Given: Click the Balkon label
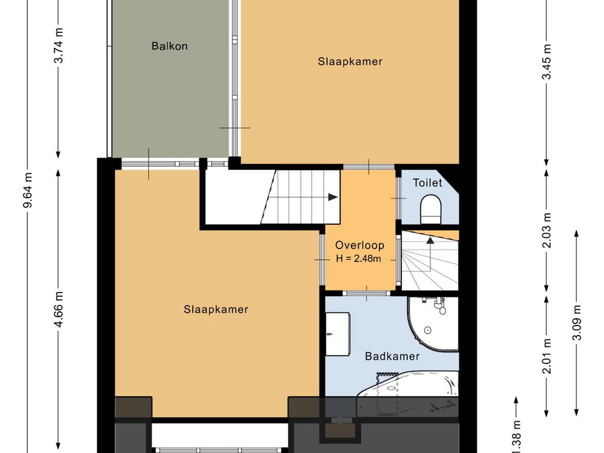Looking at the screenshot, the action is coord(169,46).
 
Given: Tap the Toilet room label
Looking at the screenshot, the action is coord(428,183).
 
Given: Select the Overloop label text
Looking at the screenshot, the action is coord(360,245).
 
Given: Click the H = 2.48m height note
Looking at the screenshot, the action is coord(359,258).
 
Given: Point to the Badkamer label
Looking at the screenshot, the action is coord(392,356).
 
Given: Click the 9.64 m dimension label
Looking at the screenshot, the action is coord(28,190).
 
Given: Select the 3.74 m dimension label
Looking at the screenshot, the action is coord(58,45).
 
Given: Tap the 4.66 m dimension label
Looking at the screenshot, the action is coord(58,309).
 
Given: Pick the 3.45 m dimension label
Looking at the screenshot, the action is coord(547,61).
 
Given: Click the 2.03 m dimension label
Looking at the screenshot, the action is coord(547,231).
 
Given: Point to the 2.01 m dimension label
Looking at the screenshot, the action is coord(547,356).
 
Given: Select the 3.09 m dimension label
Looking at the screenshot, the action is coord(577,323).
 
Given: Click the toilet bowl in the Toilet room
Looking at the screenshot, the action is coord(430,209).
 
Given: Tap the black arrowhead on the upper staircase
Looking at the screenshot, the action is coord(333,197).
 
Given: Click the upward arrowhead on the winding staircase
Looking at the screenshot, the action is coord(430,241).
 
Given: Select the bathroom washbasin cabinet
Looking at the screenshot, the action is coord(338,334).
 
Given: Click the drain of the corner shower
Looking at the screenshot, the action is coord(427,330).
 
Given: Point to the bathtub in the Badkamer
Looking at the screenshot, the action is coord(408,393).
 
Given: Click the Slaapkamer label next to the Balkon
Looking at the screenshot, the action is coord(350,61).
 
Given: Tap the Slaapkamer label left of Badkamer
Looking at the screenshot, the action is coord(216,309).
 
